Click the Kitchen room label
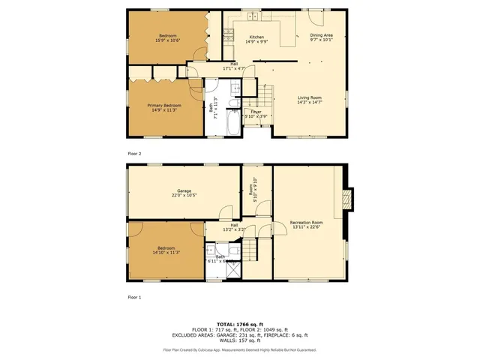pyautogui.click(x=256, y=37)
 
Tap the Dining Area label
pyautogui.click(x=321, y=35)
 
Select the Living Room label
pyautogui.click(x=309, y=97)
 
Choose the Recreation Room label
pyautogui.click(x=307, y=223)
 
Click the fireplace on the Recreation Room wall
pyautogui.click(x=346, y=199)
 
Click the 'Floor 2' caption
pyautogui.click(x=134, y=153)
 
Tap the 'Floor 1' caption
pyautogui.click(x=134, y=297)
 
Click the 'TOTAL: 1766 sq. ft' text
pyautogui.click(x=240, y=323)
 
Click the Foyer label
pyautogui.click(x=256, y=112)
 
